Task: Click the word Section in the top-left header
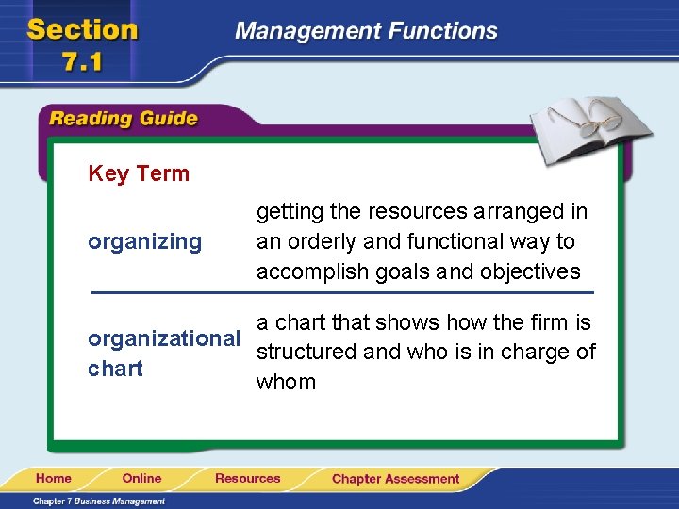coord(82,29)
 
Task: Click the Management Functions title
coord(366,31)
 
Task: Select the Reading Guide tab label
coord(123,119)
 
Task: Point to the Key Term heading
coord(139,173)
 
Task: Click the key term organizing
coord(144,242)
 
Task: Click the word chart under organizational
coord(115,369)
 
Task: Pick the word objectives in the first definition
coord(530,271)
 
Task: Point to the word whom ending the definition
coord(286,382)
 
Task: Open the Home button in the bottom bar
coord(54,478)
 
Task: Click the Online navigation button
coord(141,478)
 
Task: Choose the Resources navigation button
coord(247,478)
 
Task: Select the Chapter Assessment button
coord(395,479)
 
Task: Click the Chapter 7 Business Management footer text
coord(99,501)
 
